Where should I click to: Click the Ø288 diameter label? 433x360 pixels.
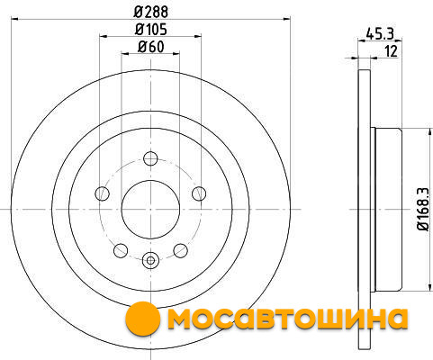(151, 12)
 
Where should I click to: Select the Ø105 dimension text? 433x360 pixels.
(150, 30)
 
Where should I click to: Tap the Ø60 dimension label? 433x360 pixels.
(151, 47)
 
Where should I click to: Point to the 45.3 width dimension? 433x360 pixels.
(380, 33)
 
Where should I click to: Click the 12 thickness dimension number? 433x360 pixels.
(391, 51)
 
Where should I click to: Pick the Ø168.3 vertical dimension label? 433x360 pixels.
(424, 210)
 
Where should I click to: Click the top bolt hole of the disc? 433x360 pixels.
(150, 158)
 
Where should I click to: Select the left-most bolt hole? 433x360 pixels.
(102, 193)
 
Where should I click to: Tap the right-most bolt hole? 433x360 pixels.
(199, 193)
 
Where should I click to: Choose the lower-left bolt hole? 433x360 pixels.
(121, 250)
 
